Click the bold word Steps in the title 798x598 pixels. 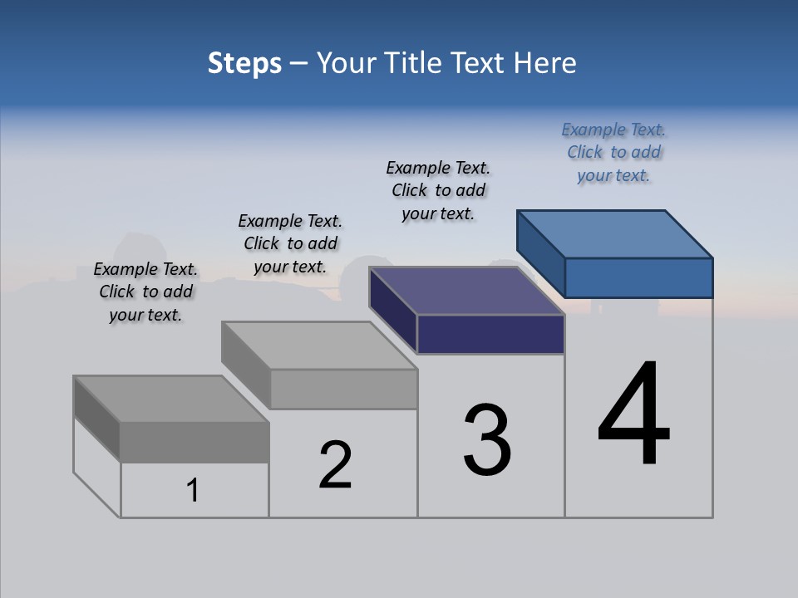244,63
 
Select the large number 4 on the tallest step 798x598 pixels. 633,415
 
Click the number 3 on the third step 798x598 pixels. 487,441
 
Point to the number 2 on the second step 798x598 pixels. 336,465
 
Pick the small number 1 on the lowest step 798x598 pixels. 193,491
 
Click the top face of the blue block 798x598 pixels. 615,233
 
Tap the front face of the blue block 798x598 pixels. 638,277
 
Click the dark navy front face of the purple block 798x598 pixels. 490,334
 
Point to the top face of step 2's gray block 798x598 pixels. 319,345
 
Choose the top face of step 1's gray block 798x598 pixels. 171,399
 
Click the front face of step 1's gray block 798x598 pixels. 195,442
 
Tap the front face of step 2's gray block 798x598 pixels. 343,389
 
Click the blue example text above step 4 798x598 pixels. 613,152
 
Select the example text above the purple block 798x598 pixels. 438,190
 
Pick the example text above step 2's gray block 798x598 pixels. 290,243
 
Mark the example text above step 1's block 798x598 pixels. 145,292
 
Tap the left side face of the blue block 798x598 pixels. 540,249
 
